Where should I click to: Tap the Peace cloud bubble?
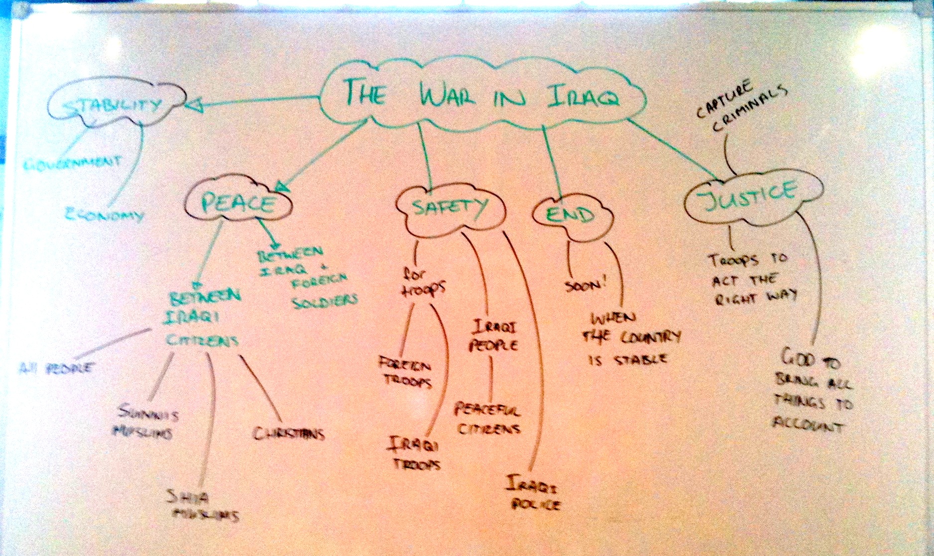(237, 203)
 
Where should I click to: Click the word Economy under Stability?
(105, 215)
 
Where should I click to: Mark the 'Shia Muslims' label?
(202, 506)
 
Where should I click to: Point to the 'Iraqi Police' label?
(533, 493)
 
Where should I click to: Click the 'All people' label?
(56, 368)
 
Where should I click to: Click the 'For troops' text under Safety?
(422, 282)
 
